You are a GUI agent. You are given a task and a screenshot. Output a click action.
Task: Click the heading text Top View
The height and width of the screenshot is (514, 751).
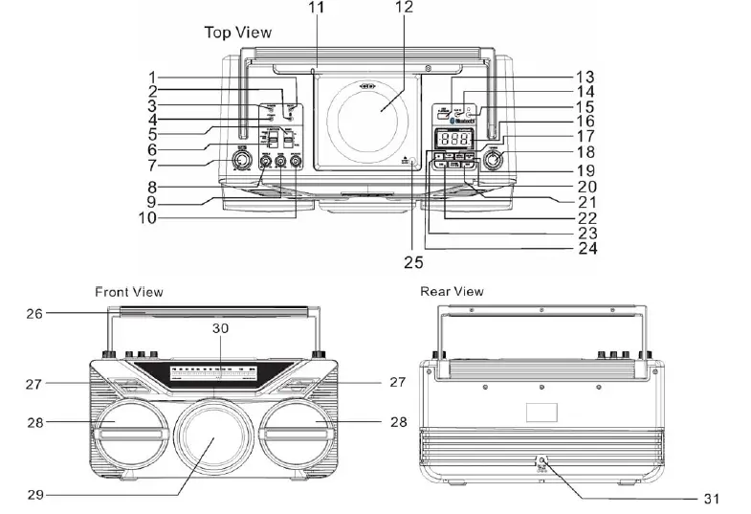(x=237, y=33)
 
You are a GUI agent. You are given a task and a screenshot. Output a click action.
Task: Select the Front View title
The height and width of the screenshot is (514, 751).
(x=128, y=291)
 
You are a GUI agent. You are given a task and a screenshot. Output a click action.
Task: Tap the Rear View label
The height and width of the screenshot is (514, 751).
(x=452, y=291)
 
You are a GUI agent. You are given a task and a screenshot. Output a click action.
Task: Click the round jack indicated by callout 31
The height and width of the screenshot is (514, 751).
(x=541, y=461)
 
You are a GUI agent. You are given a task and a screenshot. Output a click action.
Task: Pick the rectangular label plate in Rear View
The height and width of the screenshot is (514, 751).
(x=541, y=413)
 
